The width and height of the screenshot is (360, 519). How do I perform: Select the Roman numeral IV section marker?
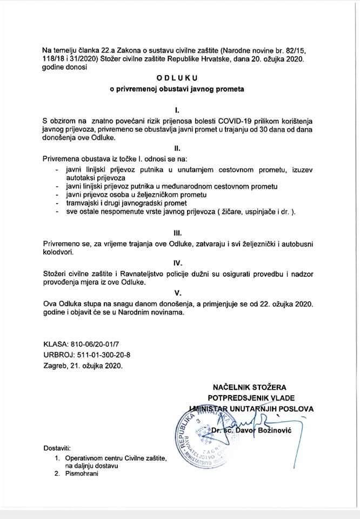178,263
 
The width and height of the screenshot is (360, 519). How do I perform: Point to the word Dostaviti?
56,448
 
